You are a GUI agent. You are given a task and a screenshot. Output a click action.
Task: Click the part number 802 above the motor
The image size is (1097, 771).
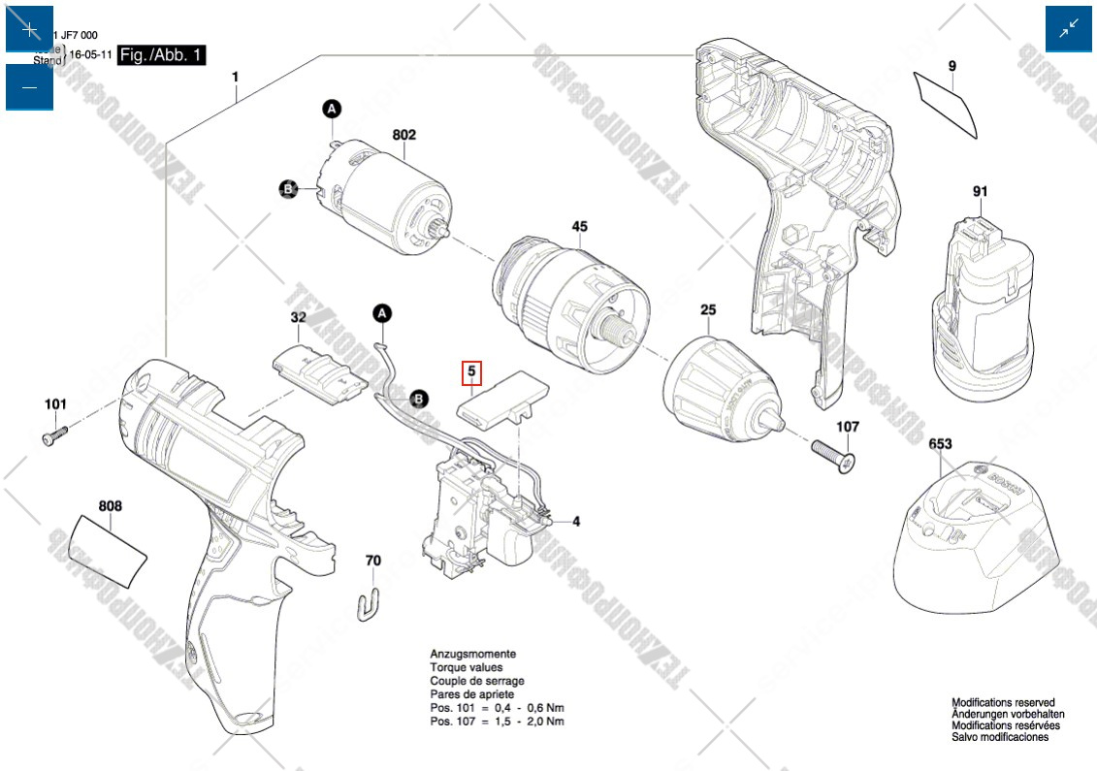pos(403,135)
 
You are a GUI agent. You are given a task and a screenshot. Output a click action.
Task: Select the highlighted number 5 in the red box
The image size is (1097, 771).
pos(471,370)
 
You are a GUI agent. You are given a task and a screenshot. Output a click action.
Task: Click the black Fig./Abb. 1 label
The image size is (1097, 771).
pos(161,55)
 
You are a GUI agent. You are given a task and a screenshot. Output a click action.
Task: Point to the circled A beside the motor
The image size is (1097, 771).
pos(331,109)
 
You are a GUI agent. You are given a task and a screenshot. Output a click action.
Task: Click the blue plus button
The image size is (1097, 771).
pos(29,29)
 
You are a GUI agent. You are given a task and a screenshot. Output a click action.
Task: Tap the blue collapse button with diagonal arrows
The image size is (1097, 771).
pos(1068,29)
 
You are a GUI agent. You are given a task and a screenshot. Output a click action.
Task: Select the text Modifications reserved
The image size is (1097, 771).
pos(1002,702)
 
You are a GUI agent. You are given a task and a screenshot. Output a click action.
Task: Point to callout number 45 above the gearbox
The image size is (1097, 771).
pos(579,227)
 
